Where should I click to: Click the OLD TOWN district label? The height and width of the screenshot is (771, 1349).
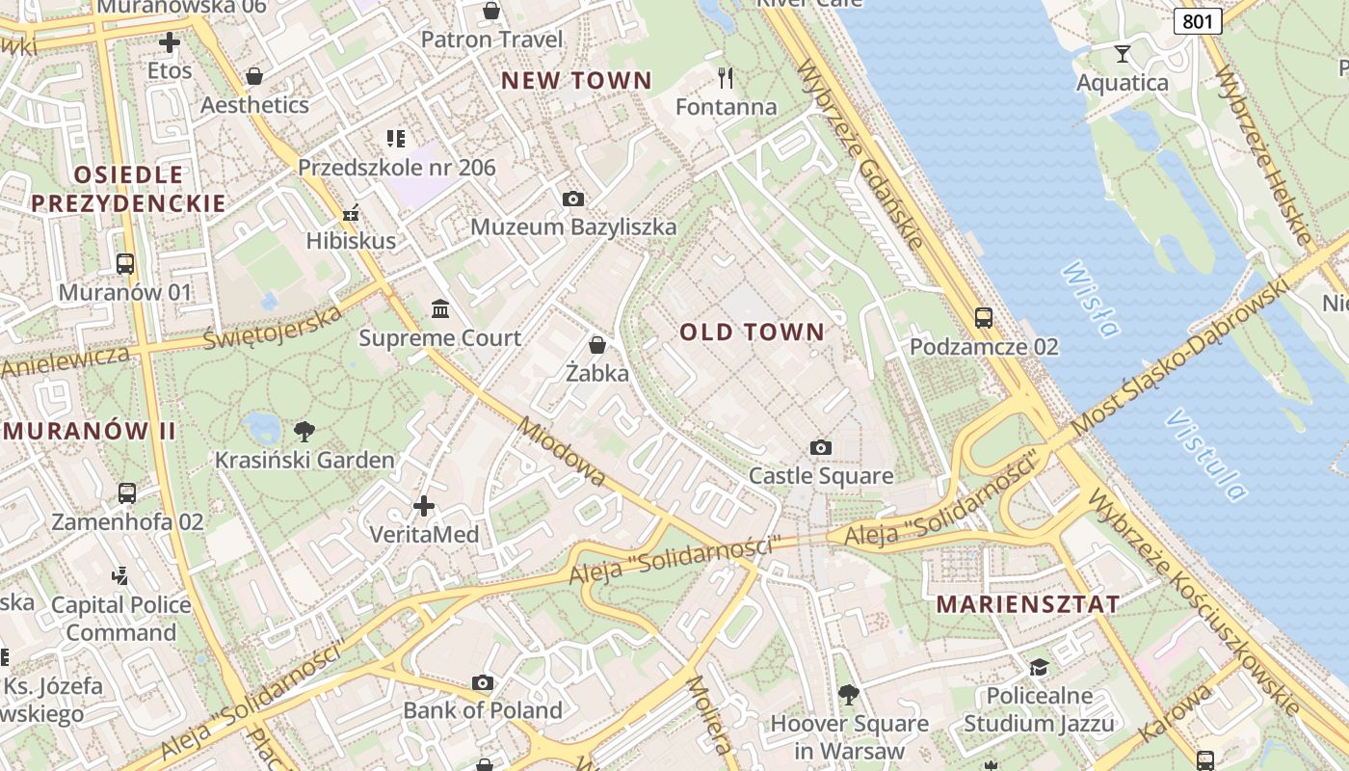point(753,332)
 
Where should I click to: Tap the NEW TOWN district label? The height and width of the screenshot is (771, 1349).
point(576,81)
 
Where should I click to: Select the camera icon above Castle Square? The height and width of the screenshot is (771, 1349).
point(821,447)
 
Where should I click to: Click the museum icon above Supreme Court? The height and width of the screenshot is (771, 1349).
point(440,309)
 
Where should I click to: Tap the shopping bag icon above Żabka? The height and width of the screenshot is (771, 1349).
point(597,345)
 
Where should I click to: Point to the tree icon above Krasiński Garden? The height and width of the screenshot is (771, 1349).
point(304,431)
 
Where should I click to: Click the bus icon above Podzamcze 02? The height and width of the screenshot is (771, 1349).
point(984,318)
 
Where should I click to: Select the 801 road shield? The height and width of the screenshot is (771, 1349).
point(1198,20)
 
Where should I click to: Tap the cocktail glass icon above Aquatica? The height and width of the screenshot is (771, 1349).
point(1123,54)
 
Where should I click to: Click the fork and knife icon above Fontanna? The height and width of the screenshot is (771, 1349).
point(726,77)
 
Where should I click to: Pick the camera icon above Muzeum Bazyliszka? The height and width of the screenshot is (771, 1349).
point(573,199)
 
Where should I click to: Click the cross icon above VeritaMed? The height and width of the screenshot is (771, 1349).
point(424,505)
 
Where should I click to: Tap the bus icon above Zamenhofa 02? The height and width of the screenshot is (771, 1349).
point(127,493)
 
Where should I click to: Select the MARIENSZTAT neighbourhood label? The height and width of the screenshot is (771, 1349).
point(1028,605)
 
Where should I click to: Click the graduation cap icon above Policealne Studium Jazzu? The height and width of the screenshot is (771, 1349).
point(1039,667)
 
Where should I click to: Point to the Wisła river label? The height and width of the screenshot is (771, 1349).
point(1092,300)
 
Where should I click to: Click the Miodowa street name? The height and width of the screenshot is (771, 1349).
point(563,451)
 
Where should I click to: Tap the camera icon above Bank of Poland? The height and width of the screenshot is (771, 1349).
point(483,683)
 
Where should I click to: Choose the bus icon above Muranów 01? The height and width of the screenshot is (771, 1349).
point(125,263)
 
